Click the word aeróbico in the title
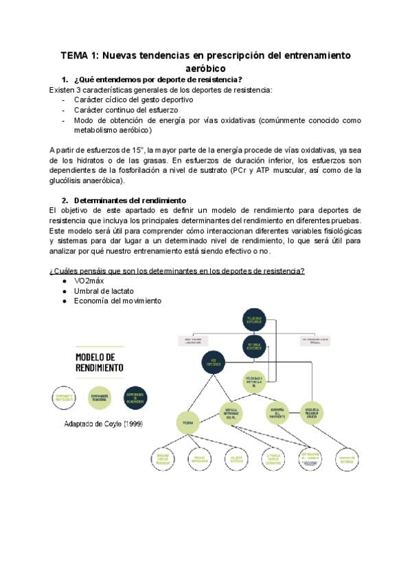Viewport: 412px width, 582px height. click(x=206, y=69)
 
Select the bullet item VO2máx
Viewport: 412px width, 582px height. click(x=90, y=281)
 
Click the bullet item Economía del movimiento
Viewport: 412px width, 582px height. click(x=117, y=301)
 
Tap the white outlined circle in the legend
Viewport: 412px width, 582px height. click(x=64, y=397)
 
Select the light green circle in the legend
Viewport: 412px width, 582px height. click(x=100, y=397)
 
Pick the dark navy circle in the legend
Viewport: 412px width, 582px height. click(x=135, y=397)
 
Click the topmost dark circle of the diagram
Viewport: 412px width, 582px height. click(x=254, y=319)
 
